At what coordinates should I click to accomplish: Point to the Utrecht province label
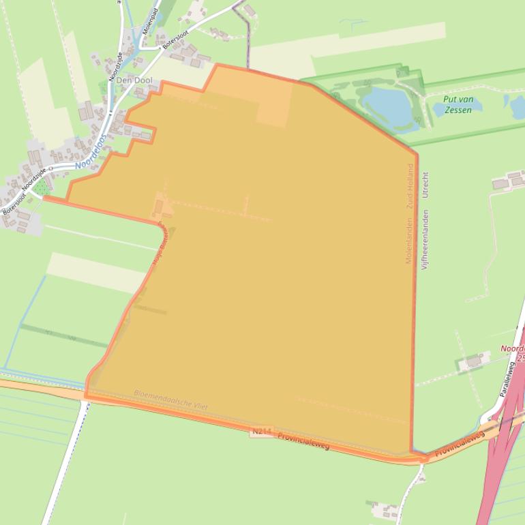point(425,185)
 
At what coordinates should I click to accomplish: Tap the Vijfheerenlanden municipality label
point(425,239)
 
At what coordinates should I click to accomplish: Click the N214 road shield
point(261,432)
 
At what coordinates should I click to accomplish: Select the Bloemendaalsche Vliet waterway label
point(170,400)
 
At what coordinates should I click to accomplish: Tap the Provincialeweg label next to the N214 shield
point(303,440)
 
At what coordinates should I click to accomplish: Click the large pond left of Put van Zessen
point(387,105)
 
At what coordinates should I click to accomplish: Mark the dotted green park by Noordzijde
point(42,186)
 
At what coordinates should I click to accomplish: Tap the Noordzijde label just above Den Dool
point(115,65)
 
